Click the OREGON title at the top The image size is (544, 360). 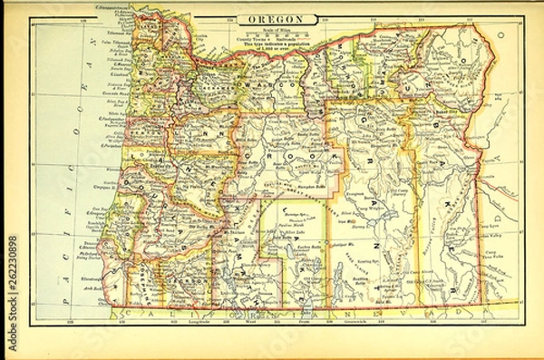tap(271, 18)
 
